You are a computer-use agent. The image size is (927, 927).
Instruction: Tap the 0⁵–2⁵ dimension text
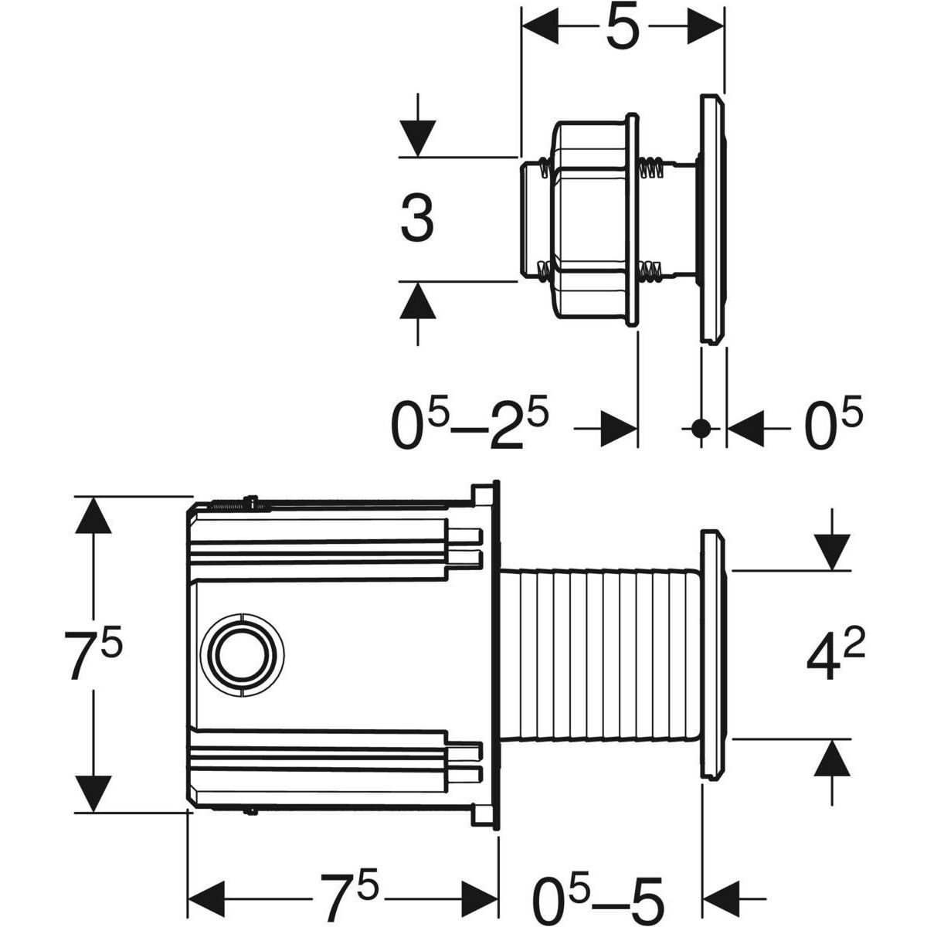(x=470, y=426)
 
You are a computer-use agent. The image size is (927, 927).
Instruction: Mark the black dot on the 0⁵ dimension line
(x=701, y=427)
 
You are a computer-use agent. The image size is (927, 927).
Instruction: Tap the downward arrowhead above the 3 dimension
(x=418, y=139)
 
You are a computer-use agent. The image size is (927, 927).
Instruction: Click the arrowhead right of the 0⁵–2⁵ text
(x=619, y=427)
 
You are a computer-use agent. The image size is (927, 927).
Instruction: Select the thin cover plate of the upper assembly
(x=711, y=219)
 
